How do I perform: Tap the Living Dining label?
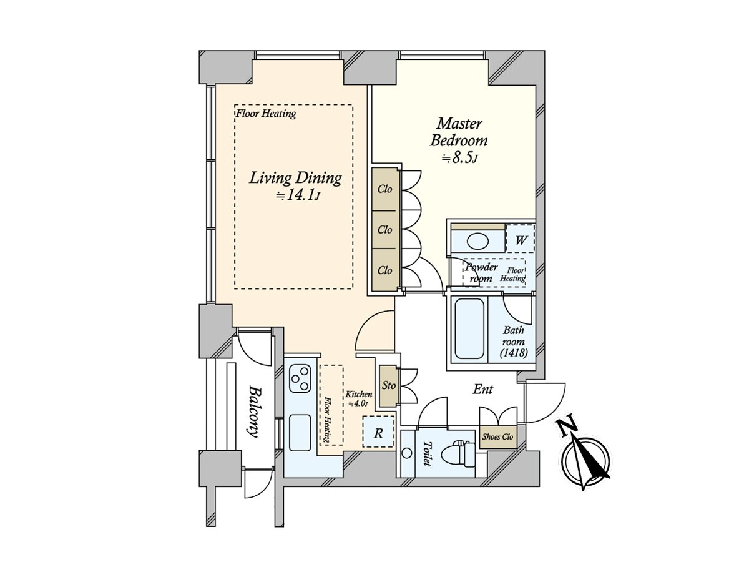coord(295,178)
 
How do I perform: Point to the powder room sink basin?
coord(478,241)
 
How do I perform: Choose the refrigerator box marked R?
coord(378,432)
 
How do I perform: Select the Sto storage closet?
coord(389,386)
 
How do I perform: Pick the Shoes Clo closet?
coord(497,437)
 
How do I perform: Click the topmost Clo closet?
coord(385,189)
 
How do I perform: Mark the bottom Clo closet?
coord(385,270)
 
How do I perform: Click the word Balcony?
coord(254,412)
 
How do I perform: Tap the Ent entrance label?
coord(482,390)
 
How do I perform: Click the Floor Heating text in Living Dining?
coord(266,114)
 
